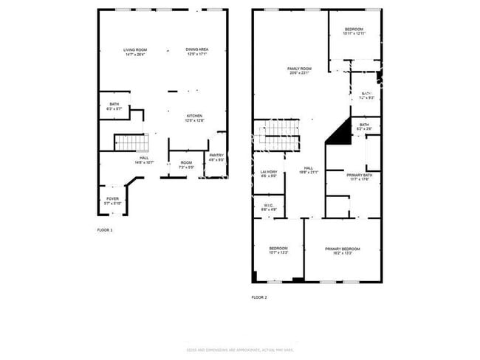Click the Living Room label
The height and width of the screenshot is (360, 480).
134,52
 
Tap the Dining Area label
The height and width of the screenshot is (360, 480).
196,52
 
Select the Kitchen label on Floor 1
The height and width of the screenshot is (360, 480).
194,119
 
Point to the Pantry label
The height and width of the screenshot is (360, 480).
216,157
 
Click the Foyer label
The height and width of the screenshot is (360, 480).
112,200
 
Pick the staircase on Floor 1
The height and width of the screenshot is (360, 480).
131,142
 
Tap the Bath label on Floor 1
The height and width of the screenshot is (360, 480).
114,106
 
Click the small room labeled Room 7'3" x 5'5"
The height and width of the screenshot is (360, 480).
186,165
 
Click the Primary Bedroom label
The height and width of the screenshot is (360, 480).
343,252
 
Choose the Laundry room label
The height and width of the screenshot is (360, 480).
268,174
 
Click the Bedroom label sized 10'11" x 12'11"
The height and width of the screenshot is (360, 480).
354,31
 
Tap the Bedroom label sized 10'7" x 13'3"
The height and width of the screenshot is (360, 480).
278,250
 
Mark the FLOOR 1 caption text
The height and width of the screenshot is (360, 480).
105,230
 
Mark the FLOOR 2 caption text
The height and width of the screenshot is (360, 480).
258,297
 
